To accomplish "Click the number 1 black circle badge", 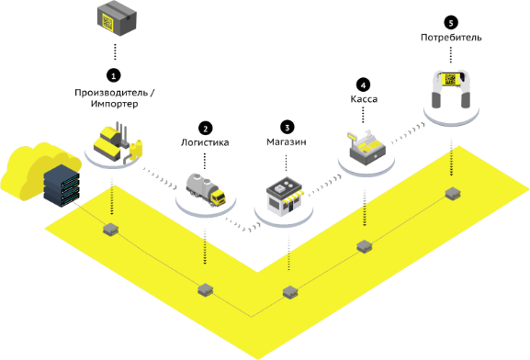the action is [114, 75].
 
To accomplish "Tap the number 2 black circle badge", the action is [205, 129].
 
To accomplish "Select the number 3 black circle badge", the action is [288, 128].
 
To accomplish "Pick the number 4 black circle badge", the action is [363, 85].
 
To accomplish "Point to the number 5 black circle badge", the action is [451, 23].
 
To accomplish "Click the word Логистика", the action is [205, 142].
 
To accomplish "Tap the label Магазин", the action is [287, 142].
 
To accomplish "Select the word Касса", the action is [364, 99].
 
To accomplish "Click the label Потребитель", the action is [451, 37].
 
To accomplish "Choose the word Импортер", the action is [114, 104].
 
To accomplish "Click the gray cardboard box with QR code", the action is [117, 19].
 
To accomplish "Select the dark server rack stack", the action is [62, 186].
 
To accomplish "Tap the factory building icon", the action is [118, 143].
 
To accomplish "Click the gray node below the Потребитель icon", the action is [452, 194].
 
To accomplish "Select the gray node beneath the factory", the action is [110, 230].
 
